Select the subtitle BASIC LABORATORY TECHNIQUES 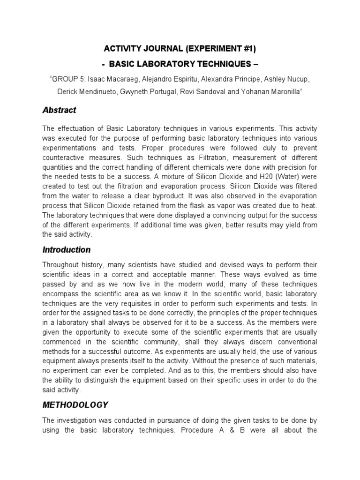(180, 64)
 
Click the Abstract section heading (59, 111)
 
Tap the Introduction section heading (66, 250)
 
